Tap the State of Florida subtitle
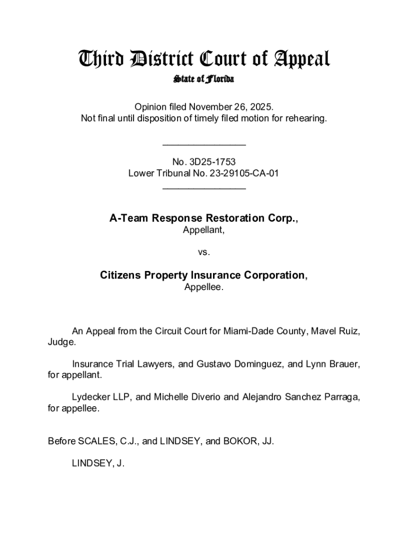point(204,80)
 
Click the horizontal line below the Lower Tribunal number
point(204,188)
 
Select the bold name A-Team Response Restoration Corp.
point(204,218)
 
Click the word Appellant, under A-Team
point(204,230)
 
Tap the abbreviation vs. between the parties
point(204,252)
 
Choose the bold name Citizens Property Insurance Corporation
point(204,276)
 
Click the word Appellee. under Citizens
point(204,287)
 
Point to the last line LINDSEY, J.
point(98,463)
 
